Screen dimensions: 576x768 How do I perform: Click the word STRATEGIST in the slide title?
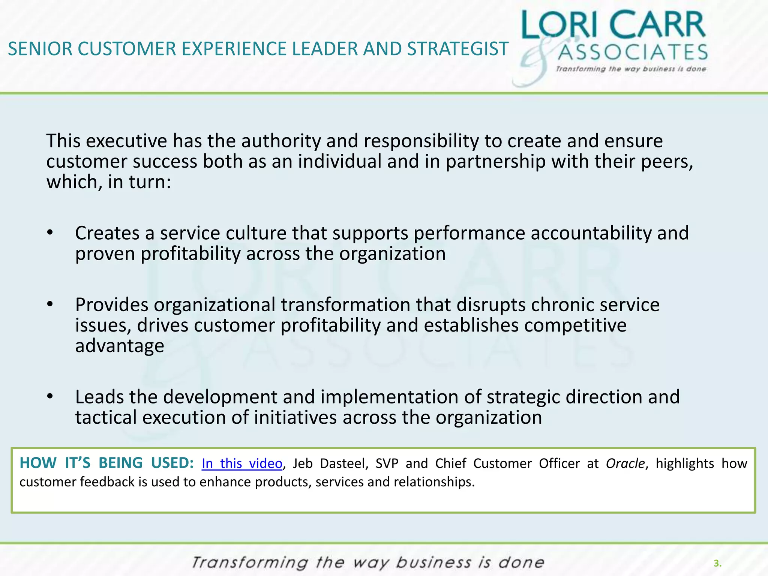[457, 49]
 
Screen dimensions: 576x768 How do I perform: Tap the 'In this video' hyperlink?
[242, 464]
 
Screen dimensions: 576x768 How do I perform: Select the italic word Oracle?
[625, 464]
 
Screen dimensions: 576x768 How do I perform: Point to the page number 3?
[717, 563]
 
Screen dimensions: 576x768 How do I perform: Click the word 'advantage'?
[120, 346]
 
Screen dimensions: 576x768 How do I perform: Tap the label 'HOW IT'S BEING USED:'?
[106, 463]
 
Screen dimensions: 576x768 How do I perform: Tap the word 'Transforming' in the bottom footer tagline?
[250, 563]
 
